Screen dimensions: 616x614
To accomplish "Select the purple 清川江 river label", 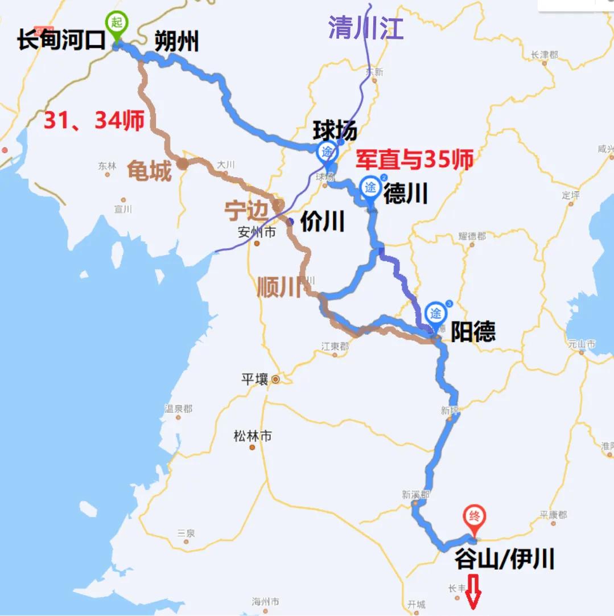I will click(366, 28).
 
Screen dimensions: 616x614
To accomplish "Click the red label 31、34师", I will click(94, 121).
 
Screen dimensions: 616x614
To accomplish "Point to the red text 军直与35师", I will click(415, 161).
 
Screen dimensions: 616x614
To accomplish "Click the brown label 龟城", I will click(150, 170).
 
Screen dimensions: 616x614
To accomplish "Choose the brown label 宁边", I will click(245, 211).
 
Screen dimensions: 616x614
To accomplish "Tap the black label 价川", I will click(322, 221).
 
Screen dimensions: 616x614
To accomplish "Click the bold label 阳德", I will click(473, 331).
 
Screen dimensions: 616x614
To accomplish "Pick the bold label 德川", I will click(405, 194).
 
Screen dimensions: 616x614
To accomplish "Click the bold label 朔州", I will click(176, 42).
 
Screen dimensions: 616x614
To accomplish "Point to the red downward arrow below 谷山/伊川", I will click(473, 597).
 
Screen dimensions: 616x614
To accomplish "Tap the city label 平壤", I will click(254, 379).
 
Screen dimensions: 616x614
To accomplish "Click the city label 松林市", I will click(253, 436).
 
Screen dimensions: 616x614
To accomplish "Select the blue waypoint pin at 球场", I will click(327, 153).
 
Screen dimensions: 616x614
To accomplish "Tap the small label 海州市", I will click(265, 601).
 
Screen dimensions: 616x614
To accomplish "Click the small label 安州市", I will click(257, 232).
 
